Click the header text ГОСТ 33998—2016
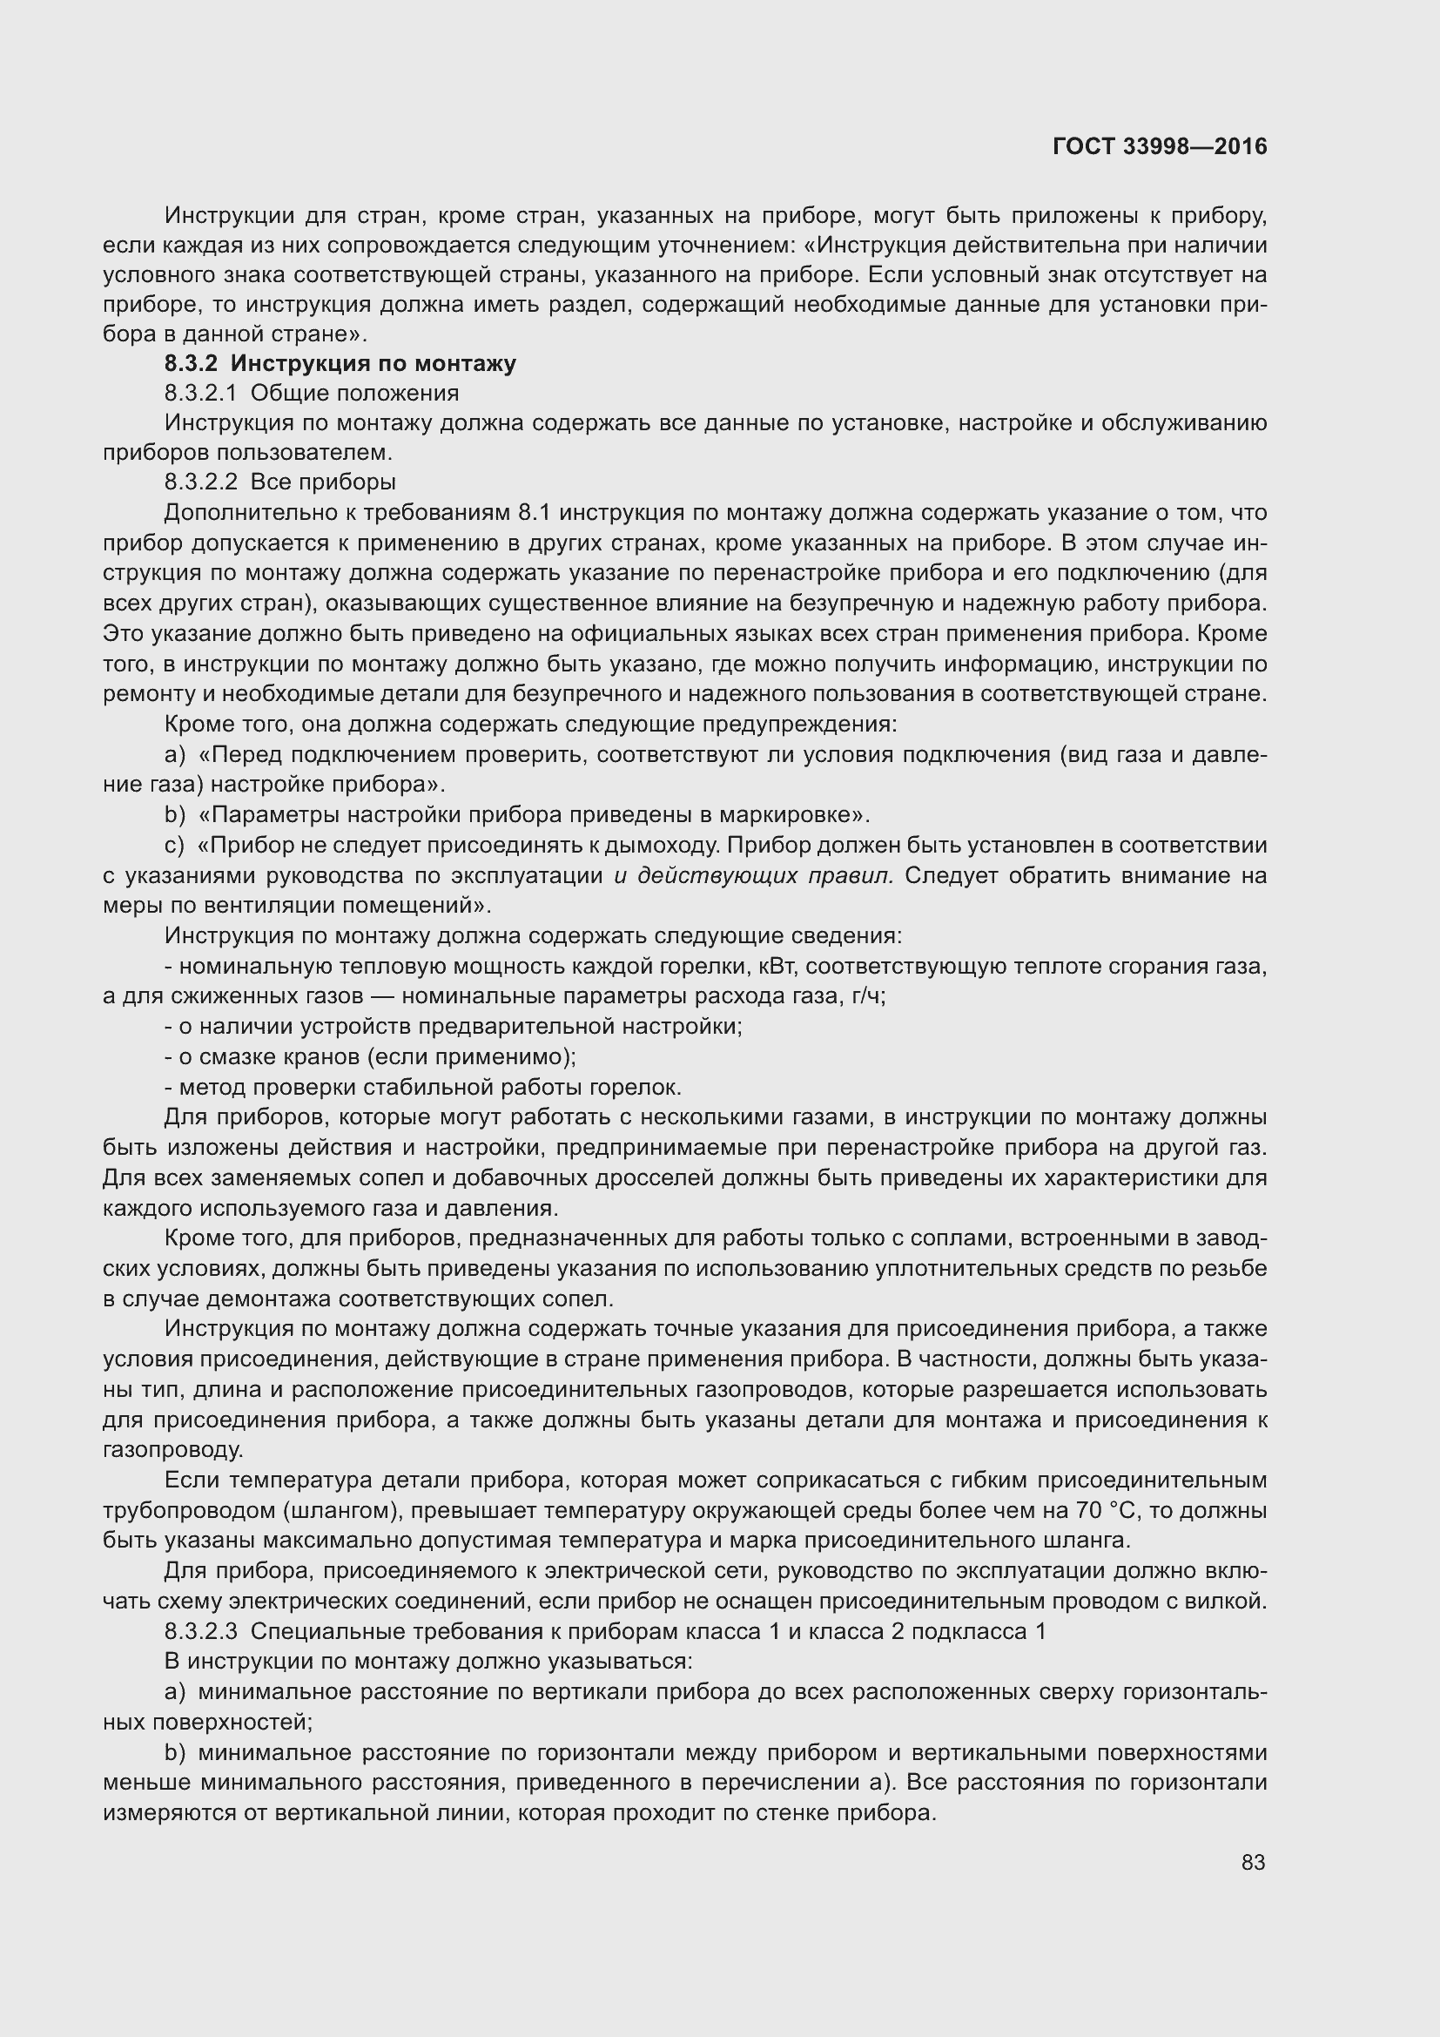(x=1160, y=146)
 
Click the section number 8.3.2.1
(x=201, y=393)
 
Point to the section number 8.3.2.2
(x=201, y=482)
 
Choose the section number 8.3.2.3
(x=201, y=1631)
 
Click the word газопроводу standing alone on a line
(x=172, y=1451)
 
